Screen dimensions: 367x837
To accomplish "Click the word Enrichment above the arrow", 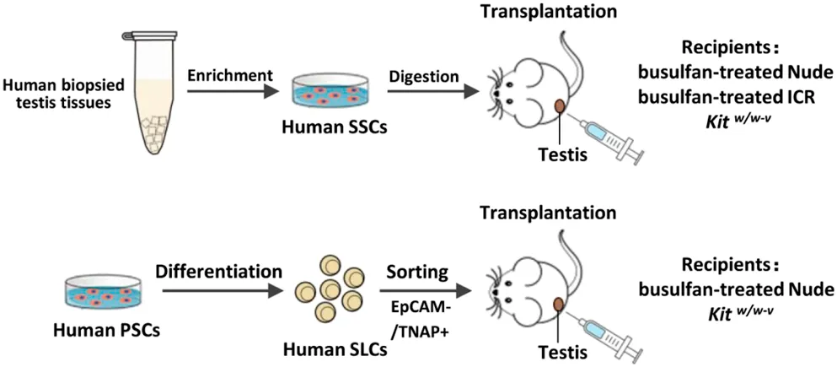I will [x=230, y=76].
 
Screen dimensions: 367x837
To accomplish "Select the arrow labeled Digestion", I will [x=422, y=93].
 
